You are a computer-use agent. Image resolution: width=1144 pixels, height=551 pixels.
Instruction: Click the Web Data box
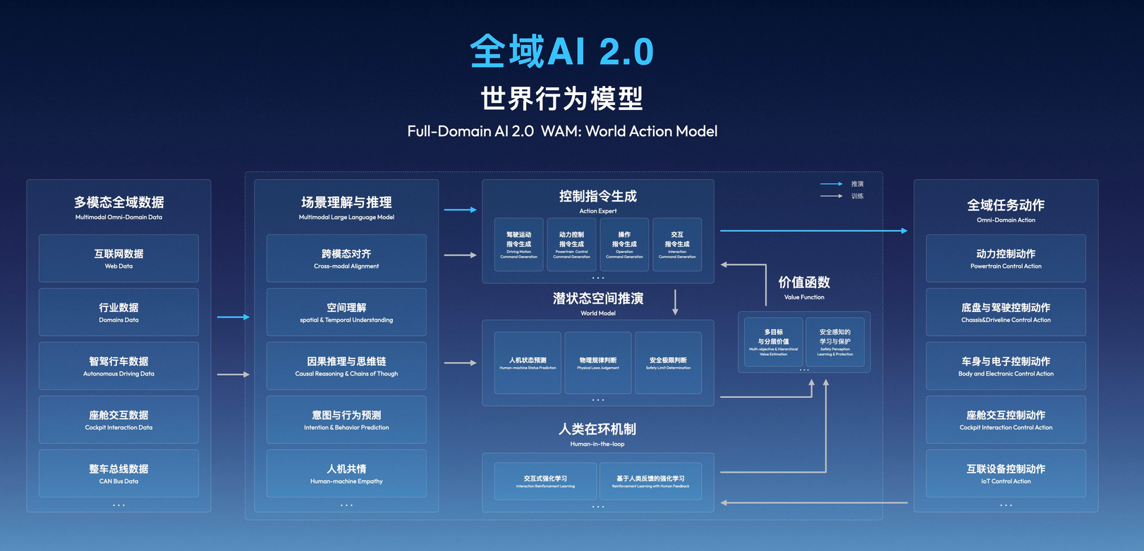pos(118,259)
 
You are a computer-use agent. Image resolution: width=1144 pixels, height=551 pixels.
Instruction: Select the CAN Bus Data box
pos(118,473)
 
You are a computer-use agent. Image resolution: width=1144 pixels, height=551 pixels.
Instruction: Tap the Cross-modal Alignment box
pos(346,259)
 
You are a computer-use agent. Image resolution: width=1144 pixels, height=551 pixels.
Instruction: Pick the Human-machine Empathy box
pos(346,473)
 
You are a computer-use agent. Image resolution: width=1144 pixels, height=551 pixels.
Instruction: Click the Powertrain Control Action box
pos(1006,259)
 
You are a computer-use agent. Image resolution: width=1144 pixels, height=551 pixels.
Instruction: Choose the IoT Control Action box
pos(1006,473)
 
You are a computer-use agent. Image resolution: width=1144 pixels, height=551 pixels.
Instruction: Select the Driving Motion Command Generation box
pos(518,244)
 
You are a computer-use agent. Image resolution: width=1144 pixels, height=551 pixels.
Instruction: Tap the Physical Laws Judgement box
pos(598,363)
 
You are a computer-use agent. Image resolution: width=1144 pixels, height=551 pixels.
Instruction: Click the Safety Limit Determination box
pos(668,363)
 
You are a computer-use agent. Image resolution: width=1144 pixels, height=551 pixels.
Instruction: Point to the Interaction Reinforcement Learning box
pos(545,481)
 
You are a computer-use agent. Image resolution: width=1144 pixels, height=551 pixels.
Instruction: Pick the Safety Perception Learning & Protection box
pos(835,342)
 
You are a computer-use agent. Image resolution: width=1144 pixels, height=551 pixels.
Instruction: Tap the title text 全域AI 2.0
pos(562,51)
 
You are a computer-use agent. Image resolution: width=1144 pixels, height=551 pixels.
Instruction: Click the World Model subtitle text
pos(598,313)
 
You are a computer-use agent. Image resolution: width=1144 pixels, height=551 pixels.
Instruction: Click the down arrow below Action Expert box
pos(675,302)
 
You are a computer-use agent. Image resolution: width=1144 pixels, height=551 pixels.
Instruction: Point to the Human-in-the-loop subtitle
pos(597,444)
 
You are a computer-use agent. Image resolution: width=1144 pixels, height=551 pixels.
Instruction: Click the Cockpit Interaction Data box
pos(118,420)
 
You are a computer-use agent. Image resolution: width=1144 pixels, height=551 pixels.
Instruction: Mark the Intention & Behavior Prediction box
pos(346,420)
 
